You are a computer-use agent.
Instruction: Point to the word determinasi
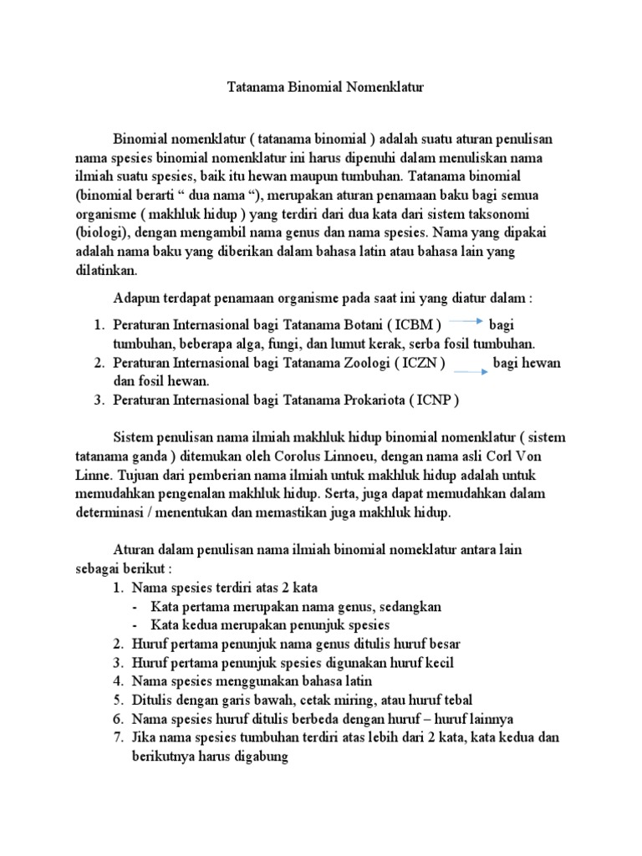click(x=110, y=512)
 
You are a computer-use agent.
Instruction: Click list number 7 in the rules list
click(x=119, y=737)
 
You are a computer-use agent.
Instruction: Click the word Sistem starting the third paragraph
click(x=134, y=436)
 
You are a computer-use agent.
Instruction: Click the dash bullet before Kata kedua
click(x=137, y=625)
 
